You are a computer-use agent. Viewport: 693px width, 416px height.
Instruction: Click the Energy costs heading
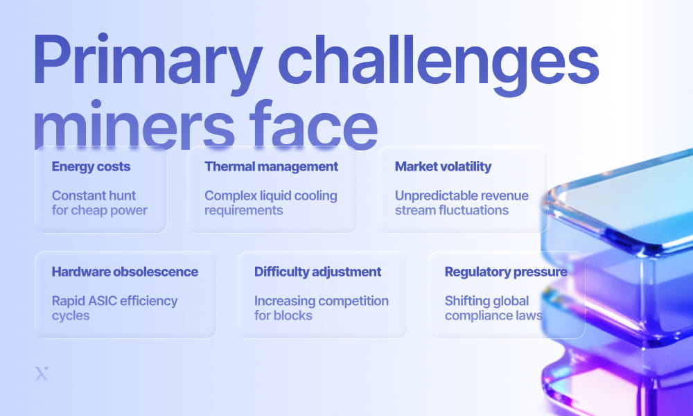coord(91,166)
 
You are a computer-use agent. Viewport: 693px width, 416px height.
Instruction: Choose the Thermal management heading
coord(271,166)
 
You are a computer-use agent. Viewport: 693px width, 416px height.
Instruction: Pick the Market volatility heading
coord(443,166)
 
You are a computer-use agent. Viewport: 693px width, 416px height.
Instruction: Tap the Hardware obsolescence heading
coord(125,272)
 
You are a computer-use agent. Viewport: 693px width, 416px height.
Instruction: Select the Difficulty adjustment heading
coord(317,272)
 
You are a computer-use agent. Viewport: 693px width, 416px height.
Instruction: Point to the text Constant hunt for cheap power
coord(99,202)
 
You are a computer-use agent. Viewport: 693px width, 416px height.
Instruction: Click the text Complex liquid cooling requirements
coord(270,202)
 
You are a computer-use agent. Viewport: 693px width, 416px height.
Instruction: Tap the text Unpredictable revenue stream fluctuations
coord(462,202)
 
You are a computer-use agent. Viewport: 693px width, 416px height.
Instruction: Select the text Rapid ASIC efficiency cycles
coord(114,308)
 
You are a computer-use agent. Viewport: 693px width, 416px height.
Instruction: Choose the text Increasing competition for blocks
coord(321,308)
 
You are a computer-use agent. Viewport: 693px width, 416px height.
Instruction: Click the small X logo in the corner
coord(42,374)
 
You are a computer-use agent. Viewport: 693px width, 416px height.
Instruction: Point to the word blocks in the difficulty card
coord(293,315)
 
